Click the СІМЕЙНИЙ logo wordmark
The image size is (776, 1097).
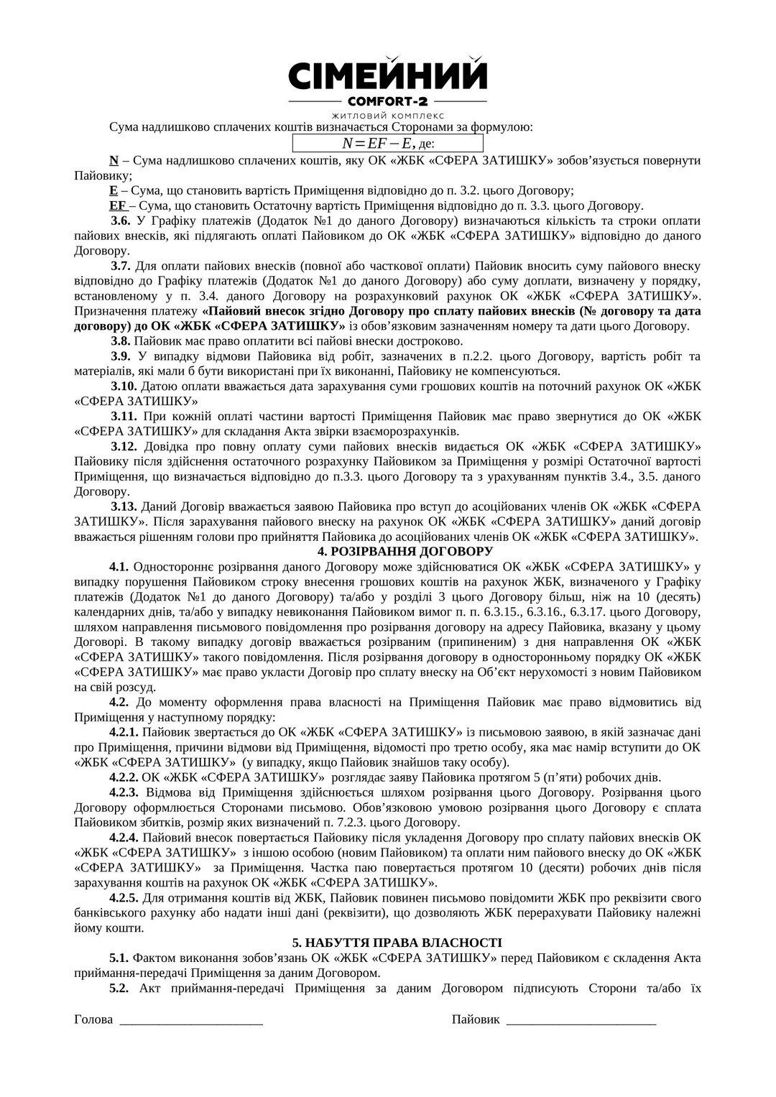click(387, 75)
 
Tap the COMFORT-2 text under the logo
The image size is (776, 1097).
click(387, 101)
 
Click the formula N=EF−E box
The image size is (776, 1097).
click(388, 143)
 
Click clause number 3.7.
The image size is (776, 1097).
click(120, 266)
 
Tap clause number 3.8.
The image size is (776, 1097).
click(120, 341)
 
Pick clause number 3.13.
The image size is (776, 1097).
click(123, 506)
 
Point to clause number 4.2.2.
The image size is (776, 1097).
click(124, 777)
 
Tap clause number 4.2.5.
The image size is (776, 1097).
click(124, 898)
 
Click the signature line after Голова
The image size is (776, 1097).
click(191, 1021)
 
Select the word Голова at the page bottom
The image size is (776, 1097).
click(93, 1019)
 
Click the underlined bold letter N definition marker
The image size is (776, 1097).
click(113, 160)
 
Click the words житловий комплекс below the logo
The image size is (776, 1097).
click(387, 115)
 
